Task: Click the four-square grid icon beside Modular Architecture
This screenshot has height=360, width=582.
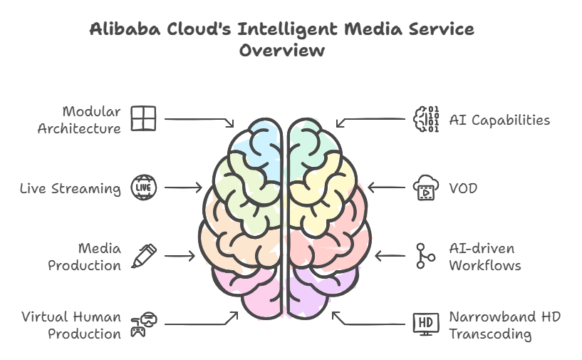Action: pos(143,119)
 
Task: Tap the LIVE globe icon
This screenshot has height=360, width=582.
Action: pos(143,188)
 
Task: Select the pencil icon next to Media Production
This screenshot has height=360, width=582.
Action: pos(144,255)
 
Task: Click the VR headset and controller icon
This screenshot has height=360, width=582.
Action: pos(143,324)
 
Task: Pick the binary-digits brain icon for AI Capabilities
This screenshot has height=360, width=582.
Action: pos(426,119)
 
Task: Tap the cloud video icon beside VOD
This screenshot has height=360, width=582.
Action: pos(425,189)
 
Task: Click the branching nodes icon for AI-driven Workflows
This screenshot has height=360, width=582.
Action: pos(425,256)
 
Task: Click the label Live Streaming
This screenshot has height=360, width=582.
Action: pos(71,188)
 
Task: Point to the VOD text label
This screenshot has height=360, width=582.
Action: pos(463,188)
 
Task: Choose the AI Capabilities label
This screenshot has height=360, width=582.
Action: pos(499,120)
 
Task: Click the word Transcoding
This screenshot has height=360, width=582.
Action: pos(490,334)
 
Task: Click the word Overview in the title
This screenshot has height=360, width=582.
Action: pos(282,51)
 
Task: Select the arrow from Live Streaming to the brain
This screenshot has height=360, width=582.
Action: pos(183,188)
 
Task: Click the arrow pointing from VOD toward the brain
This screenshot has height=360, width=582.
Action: pos(385,188)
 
